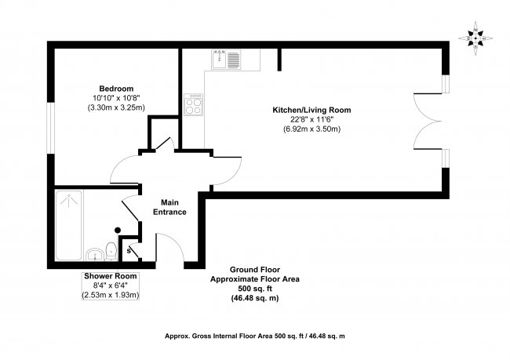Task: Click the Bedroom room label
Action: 116,88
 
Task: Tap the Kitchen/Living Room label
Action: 311,109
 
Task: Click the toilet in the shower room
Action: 112,250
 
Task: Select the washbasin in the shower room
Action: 93,253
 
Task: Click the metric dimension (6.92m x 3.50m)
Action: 311,128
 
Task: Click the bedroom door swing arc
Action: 124,165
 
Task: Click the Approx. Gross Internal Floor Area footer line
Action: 255,335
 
